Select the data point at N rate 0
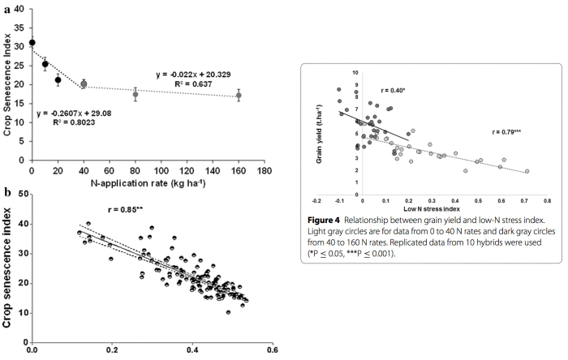(32, 42)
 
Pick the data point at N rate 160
(238, 96)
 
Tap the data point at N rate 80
(135, 95)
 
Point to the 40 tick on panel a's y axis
(19, 11)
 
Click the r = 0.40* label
(393, 91)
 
